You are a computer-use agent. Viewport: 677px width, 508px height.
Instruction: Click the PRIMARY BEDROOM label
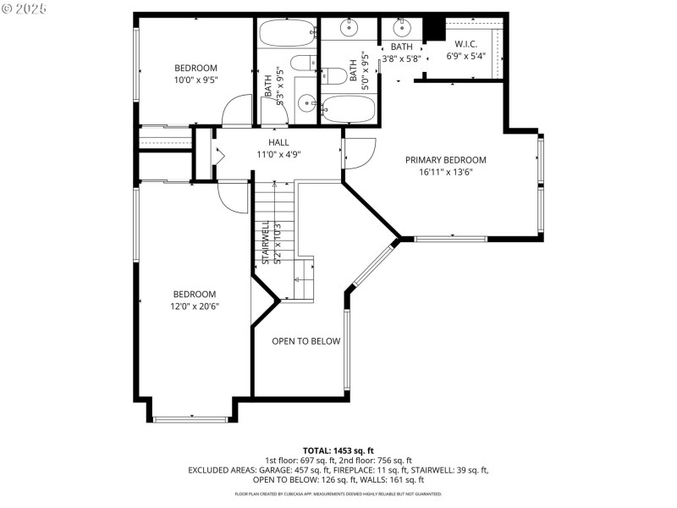click(x=445, y=160)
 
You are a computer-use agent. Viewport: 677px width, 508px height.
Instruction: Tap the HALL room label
click(x=278, y=142)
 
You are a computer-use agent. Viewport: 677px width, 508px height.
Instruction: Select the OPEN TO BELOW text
click(x=305, y=341)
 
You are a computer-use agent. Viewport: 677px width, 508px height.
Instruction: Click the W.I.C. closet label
click(x=465, y=44)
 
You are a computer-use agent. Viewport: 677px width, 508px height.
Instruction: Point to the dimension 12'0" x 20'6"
click(x=195, y=306)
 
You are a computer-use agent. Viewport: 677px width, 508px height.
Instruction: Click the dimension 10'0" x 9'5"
click(x=195, y=80)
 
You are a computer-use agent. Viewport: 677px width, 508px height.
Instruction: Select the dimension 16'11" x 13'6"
click(x=445, y=172)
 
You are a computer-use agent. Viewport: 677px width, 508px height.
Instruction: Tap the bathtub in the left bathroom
click(x=286, y=34)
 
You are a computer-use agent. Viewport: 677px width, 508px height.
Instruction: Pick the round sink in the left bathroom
click(x=305, y=105)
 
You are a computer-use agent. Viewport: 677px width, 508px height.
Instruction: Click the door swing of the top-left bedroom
click(x=238, y=109)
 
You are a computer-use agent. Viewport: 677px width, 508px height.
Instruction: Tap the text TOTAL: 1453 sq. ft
click(x=338, y=450)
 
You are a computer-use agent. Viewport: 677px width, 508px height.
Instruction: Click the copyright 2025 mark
click(x=25, y=8)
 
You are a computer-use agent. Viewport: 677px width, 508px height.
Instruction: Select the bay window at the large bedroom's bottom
click(x=191, y=417)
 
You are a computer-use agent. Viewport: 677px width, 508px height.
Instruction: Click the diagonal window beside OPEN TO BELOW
click(x=372, y=264)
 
